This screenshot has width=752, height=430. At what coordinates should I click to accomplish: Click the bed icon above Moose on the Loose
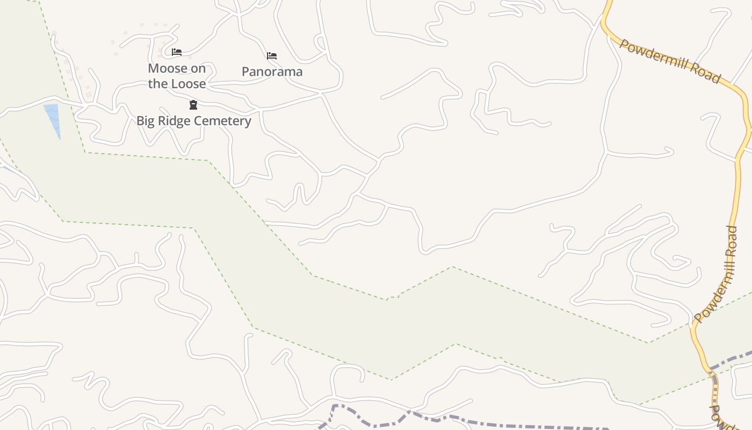pyautogui.click(x=177, y=52)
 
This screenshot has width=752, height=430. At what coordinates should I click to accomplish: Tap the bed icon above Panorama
pyautogui.click(x=272, y=55)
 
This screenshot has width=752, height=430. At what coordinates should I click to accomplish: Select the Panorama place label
pyautogui.click(x=272, y=71)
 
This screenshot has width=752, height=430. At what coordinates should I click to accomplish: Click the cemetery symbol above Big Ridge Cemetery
pyautogui.click(x=193, y=105)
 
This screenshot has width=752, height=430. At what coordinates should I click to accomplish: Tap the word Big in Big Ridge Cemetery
pyautogui.click(x=146, y=121)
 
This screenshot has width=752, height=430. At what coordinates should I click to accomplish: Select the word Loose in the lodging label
pyautogui.click(x=189, y=84)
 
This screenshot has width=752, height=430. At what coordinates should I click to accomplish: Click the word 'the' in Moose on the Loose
pyautogui.click(x=158, y=84)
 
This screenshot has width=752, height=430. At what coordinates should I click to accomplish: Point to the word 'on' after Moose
pyautogui.click(x=196, y=69)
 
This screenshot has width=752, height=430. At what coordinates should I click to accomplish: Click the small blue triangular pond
pyautogui.click(x=53, y=118)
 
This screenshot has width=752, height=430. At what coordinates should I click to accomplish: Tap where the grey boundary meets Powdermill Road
pyautogui.click(x=712, y=369)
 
